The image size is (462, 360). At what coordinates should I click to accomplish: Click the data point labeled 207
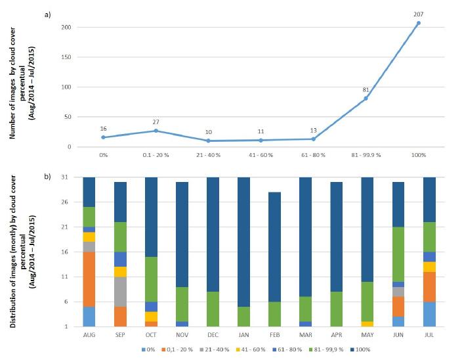tap(419, 23)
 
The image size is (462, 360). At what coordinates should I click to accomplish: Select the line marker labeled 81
tap(366, 99)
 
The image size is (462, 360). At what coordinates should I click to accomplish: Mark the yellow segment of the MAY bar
tap(367, 324)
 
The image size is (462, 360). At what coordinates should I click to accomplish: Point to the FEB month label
tap(275, 334)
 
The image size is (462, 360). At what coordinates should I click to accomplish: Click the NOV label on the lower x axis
tap(182, 334)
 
